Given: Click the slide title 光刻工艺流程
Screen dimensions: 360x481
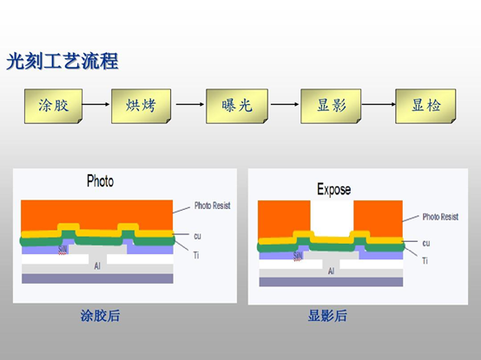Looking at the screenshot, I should coord(62,62).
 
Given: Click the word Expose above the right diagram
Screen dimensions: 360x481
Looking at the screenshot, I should coord(333,188).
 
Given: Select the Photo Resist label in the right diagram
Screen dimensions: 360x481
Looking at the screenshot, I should coord(440,217).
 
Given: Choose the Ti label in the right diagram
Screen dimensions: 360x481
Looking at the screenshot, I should coord(425,260).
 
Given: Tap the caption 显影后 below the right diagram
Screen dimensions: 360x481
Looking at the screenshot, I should coord(327,316).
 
